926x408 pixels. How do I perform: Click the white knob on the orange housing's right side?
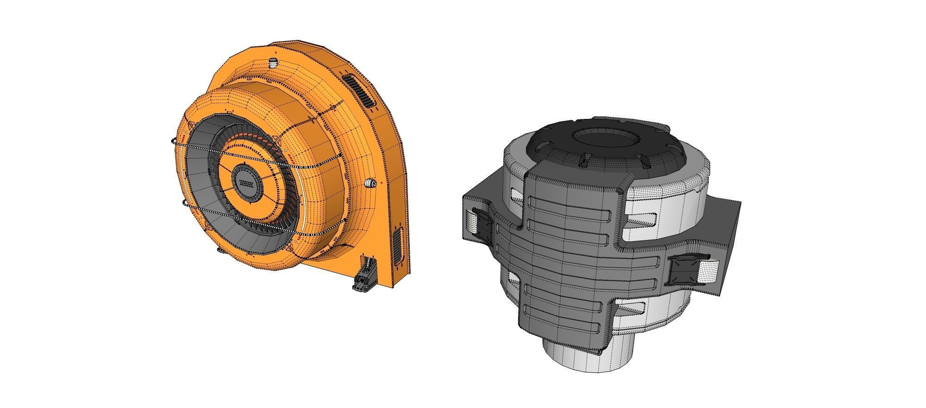coord(370,183)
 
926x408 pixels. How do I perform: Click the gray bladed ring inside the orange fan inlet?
coord(204,185)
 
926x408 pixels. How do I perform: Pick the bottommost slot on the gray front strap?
coord(565,327)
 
